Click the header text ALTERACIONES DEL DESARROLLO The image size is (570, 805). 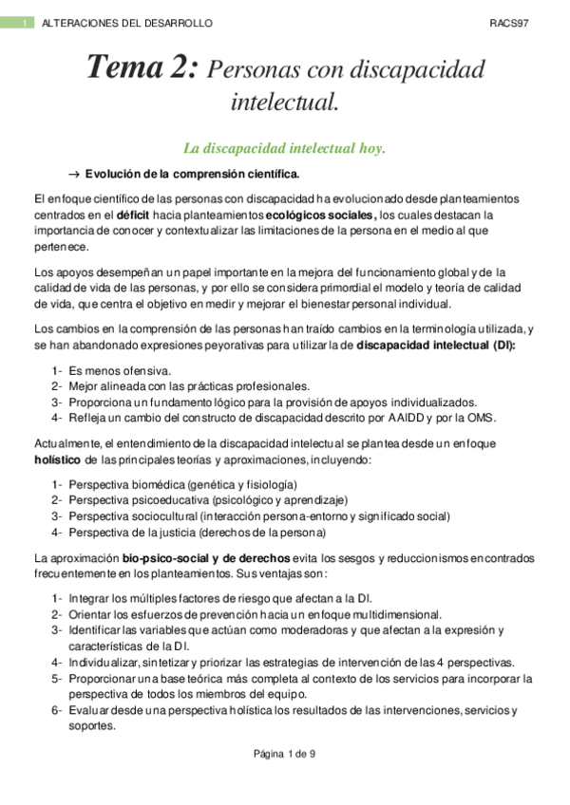(x=127, y=23)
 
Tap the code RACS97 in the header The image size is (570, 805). (x=509, y=23)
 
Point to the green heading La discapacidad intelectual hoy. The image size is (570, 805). (x=284, y=149)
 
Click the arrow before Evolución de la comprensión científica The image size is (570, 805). (x=72, y=174)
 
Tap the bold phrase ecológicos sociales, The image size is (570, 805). (x=320, y=215)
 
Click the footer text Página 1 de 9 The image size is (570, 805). (x=284, y=754)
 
